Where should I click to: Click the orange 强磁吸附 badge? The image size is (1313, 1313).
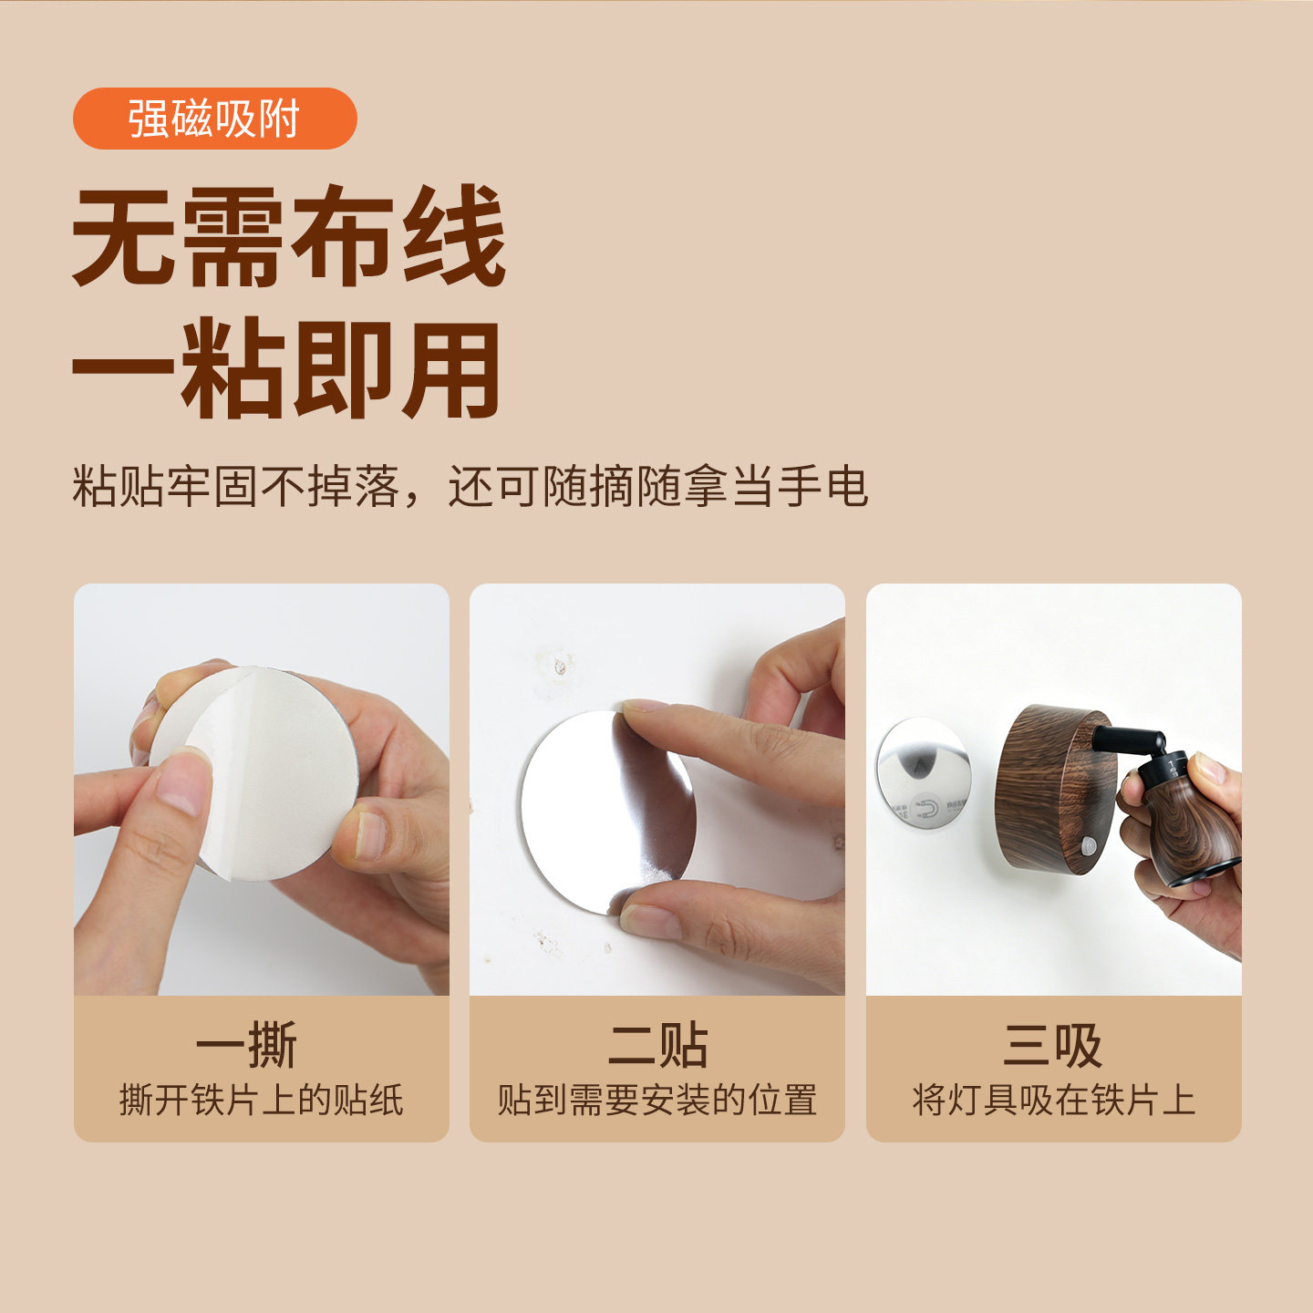pyautogui.click(x=214, y=119)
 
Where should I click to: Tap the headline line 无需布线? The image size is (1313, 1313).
pyautogui.click(x=289, y=236)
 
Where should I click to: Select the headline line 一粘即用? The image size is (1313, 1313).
pyautogui.click(x=287, y=367)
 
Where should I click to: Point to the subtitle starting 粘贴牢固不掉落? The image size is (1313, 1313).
pyautogui.click(x=470, y=487)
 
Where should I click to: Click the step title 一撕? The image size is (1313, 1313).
pyautogui.click(x=247, y=1045)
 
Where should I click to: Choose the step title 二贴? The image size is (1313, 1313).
pyautogui.click(x=657, y=1045)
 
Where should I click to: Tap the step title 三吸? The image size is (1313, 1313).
pyautogui.click(x=1053, y=1045)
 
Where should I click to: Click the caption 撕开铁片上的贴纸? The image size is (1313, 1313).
pyautogui.click(x=261, y=1101)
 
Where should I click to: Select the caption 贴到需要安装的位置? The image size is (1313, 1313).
pyautogui.click(x=656, y=1101)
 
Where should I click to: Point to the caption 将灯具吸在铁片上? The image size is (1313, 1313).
pyautogui.click(x=1053, y=1101)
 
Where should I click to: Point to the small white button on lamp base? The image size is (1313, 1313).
pyautogui.click(x=1088, y=847)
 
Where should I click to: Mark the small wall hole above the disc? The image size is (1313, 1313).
pyautogui.click(x=560, y=667)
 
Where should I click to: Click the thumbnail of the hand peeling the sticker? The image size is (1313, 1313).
pyautogui.click(x=262, y=789)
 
